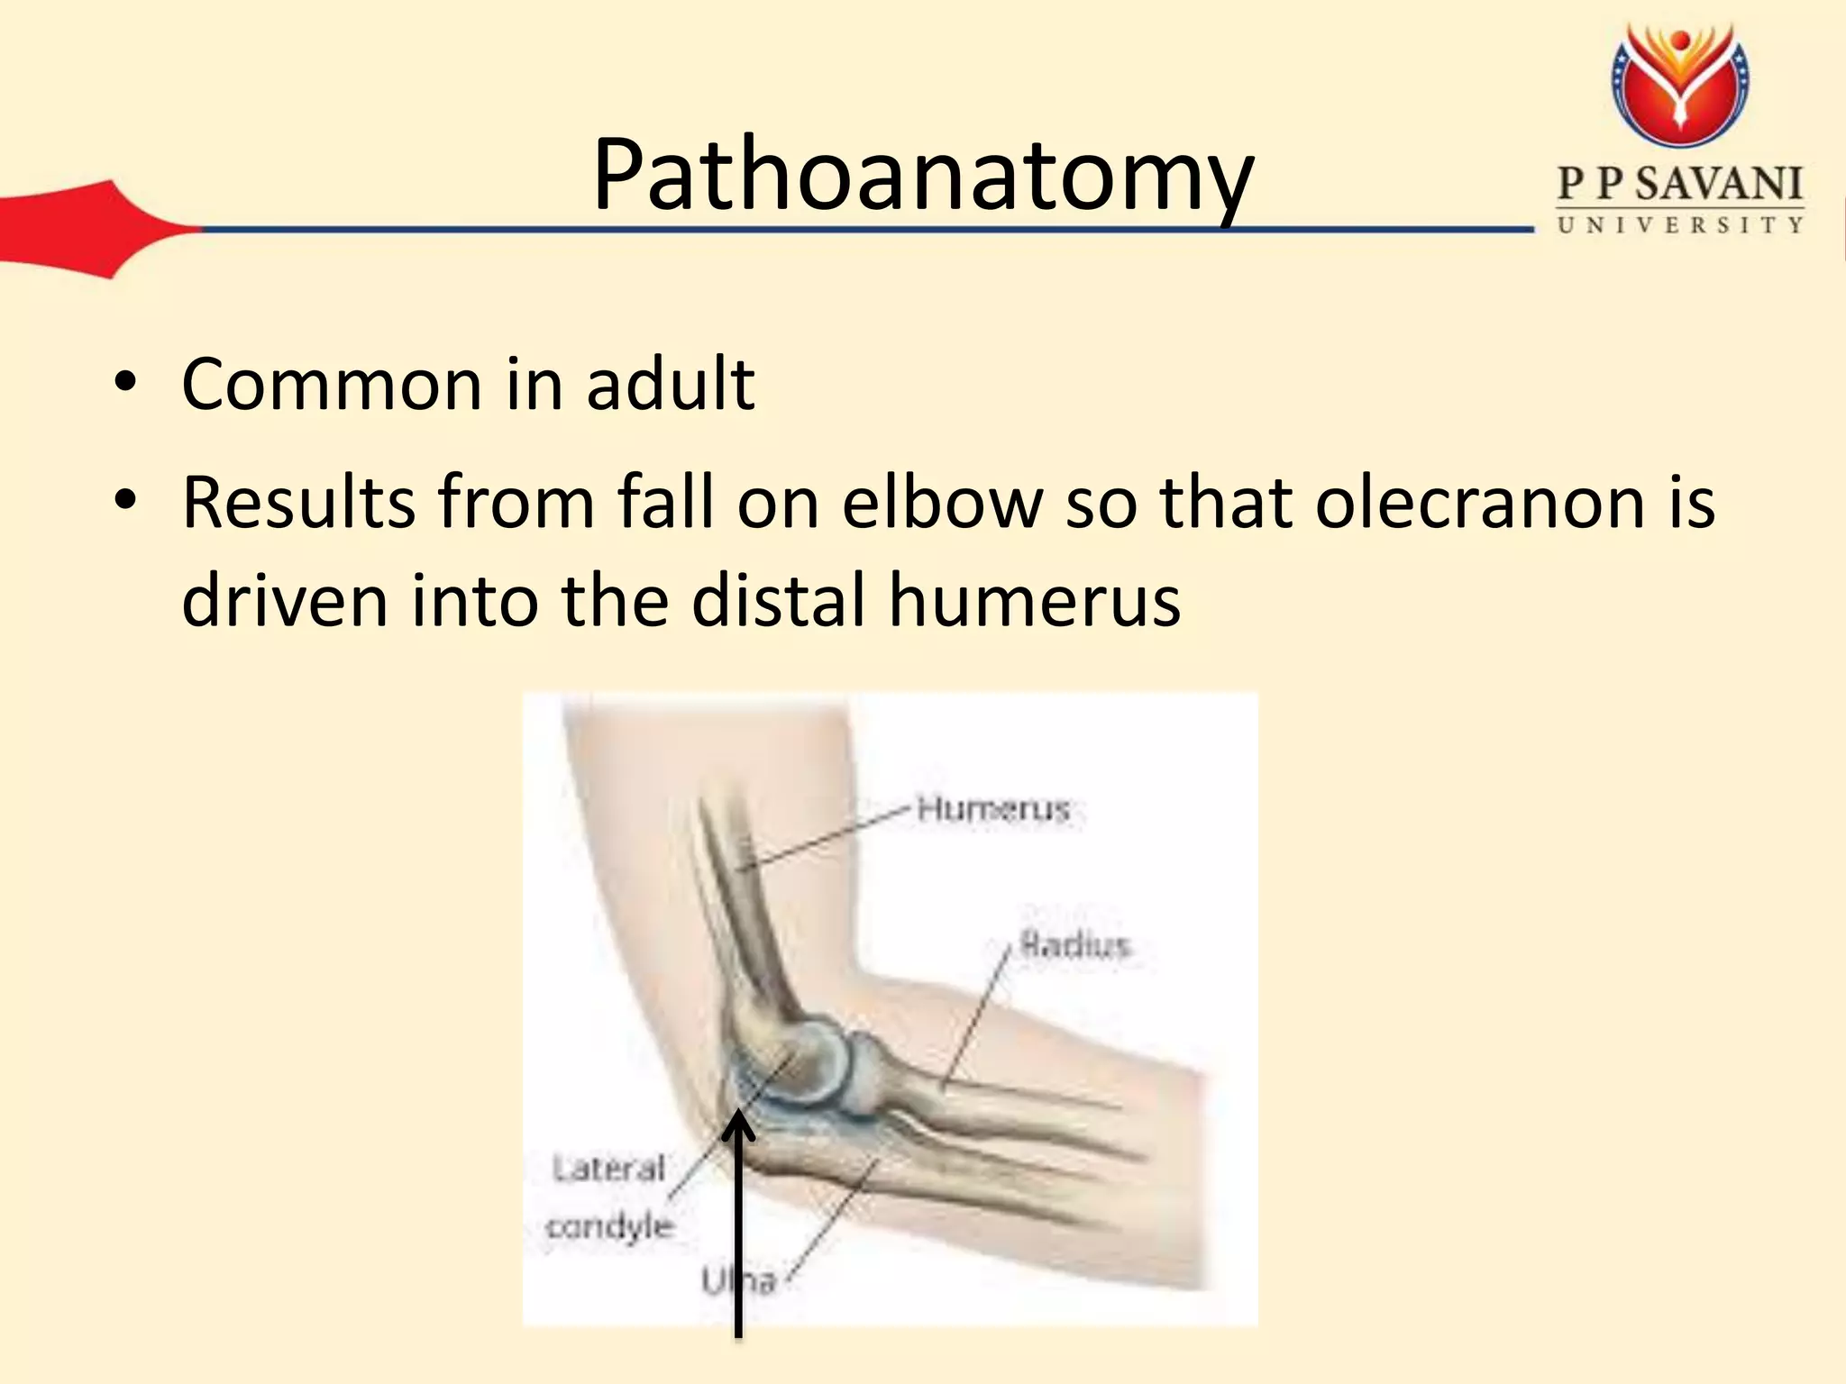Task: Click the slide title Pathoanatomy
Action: click(923, 176)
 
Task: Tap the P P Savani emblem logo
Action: click(1680, 86)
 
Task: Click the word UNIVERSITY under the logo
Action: click(1680, 225)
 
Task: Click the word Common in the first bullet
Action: click(332, 385)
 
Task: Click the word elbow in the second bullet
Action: click(942, 502)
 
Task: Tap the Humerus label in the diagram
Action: click(993, 809)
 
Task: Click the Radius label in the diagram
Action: click(1074, 945)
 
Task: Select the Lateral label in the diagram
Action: click(608, 1170)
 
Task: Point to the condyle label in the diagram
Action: click(610, 1226)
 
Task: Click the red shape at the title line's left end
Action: click(90, 229)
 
